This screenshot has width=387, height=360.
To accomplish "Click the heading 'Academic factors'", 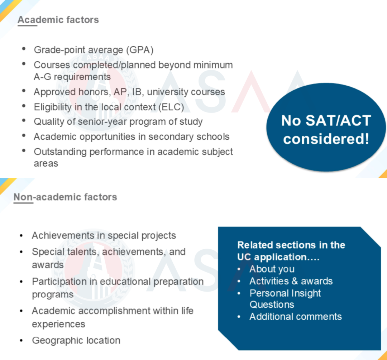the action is (x=58, y=20).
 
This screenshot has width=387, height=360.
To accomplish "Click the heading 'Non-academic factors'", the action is (x=66, y=197).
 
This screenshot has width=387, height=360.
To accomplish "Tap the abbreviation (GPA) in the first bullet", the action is (x=140, y=50).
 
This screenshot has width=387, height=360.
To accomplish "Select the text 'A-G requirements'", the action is (x=72, y=77).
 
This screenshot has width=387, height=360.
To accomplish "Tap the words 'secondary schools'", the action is (x=189, y=137).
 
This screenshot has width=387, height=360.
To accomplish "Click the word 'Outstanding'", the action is (x=60, y=152).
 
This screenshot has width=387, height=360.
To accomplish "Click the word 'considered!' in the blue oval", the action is (x=326, y=139).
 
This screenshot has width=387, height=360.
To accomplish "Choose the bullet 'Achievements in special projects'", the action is (x=104, y=236).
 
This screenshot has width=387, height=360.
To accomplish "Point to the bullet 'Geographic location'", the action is (x=76, y=341).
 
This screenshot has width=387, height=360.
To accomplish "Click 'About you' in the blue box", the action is (x=272, y=269).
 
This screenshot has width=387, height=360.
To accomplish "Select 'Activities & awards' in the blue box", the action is (x=291, y=281).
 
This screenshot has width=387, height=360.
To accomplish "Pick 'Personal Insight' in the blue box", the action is (x=285, y=293).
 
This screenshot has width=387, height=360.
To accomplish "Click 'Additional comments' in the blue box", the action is (x=295, y=317).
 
